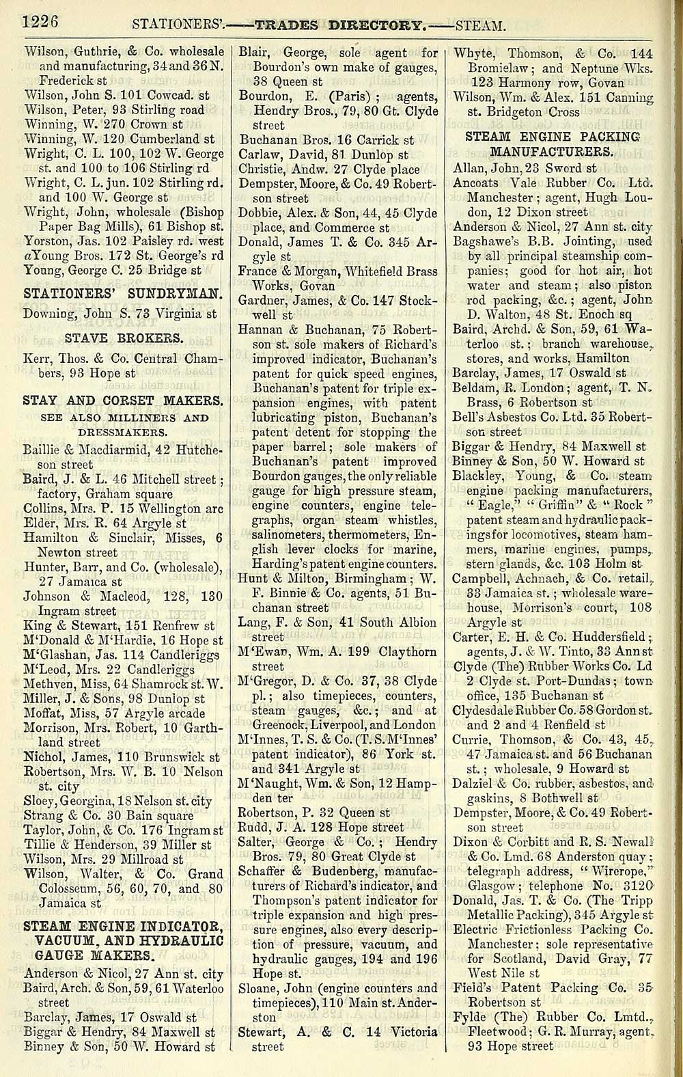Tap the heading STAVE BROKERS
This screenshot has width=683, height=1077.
(124, 338)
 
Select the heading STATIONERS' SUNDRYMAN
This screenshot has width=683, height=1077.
(123, 295)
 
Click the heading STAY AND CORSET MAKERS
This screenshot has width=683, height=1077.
(123, 400)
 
